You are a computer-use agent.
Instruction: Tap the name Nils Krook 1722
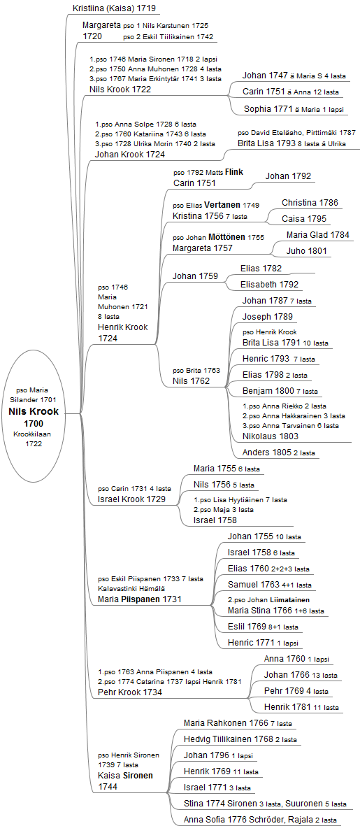120,89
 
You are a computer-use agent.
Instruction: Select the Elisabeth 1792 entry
269,285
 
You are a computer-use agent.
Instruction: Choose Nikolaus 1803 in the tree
271,436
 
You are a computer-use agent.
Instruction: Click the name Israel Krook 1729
131,499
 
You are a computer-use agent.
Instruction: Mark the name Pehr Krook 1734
129,692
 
